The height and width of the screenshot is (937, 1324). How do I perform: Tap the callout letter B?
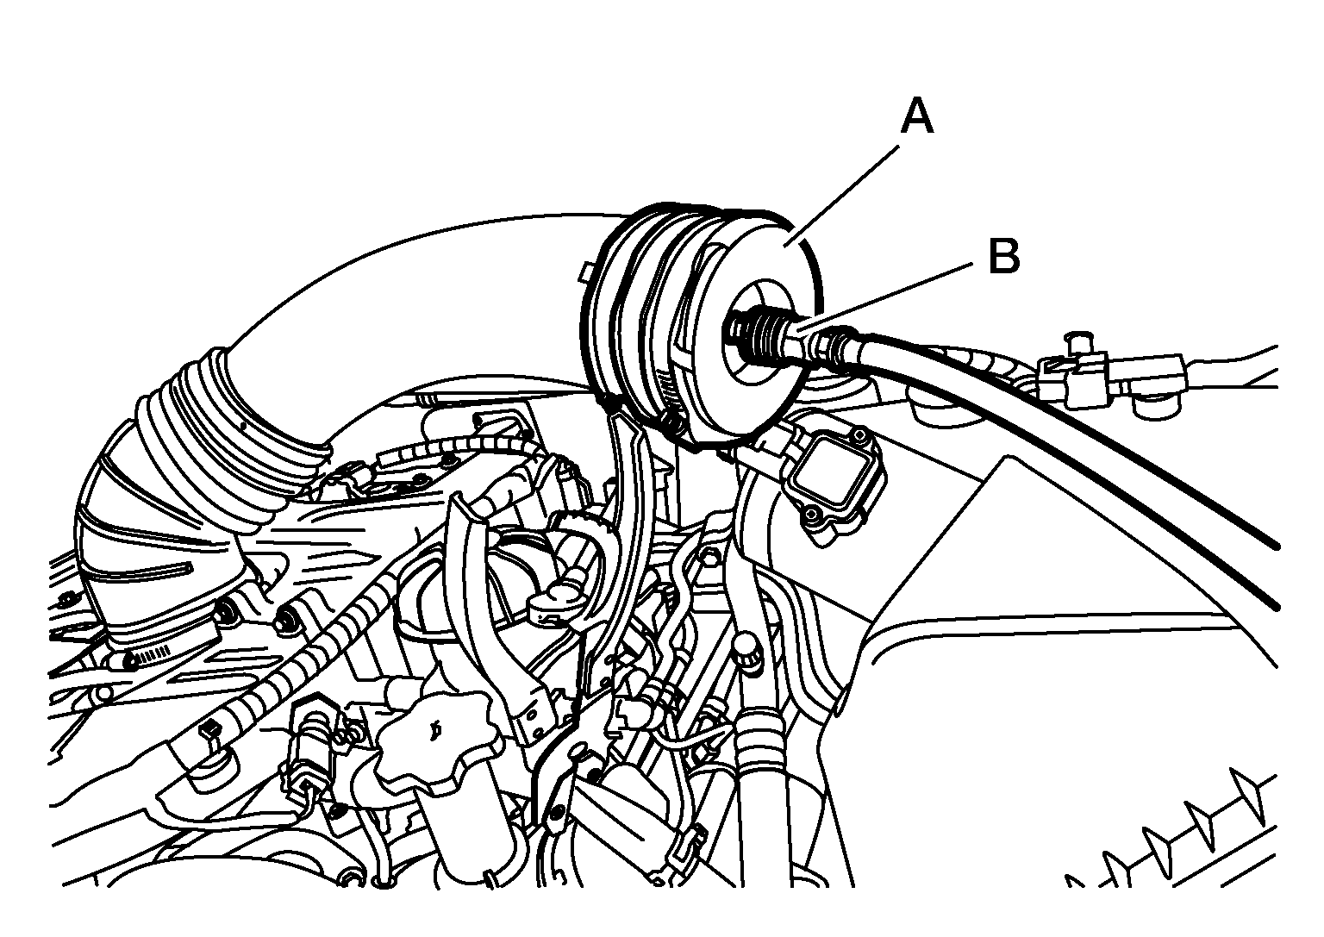coord(1004,257)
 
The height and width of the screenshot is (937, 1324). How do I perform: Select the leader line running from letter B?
coord(885,297)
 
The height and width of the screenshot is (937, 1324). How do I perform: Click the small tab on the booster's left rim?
coord(588,272)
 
